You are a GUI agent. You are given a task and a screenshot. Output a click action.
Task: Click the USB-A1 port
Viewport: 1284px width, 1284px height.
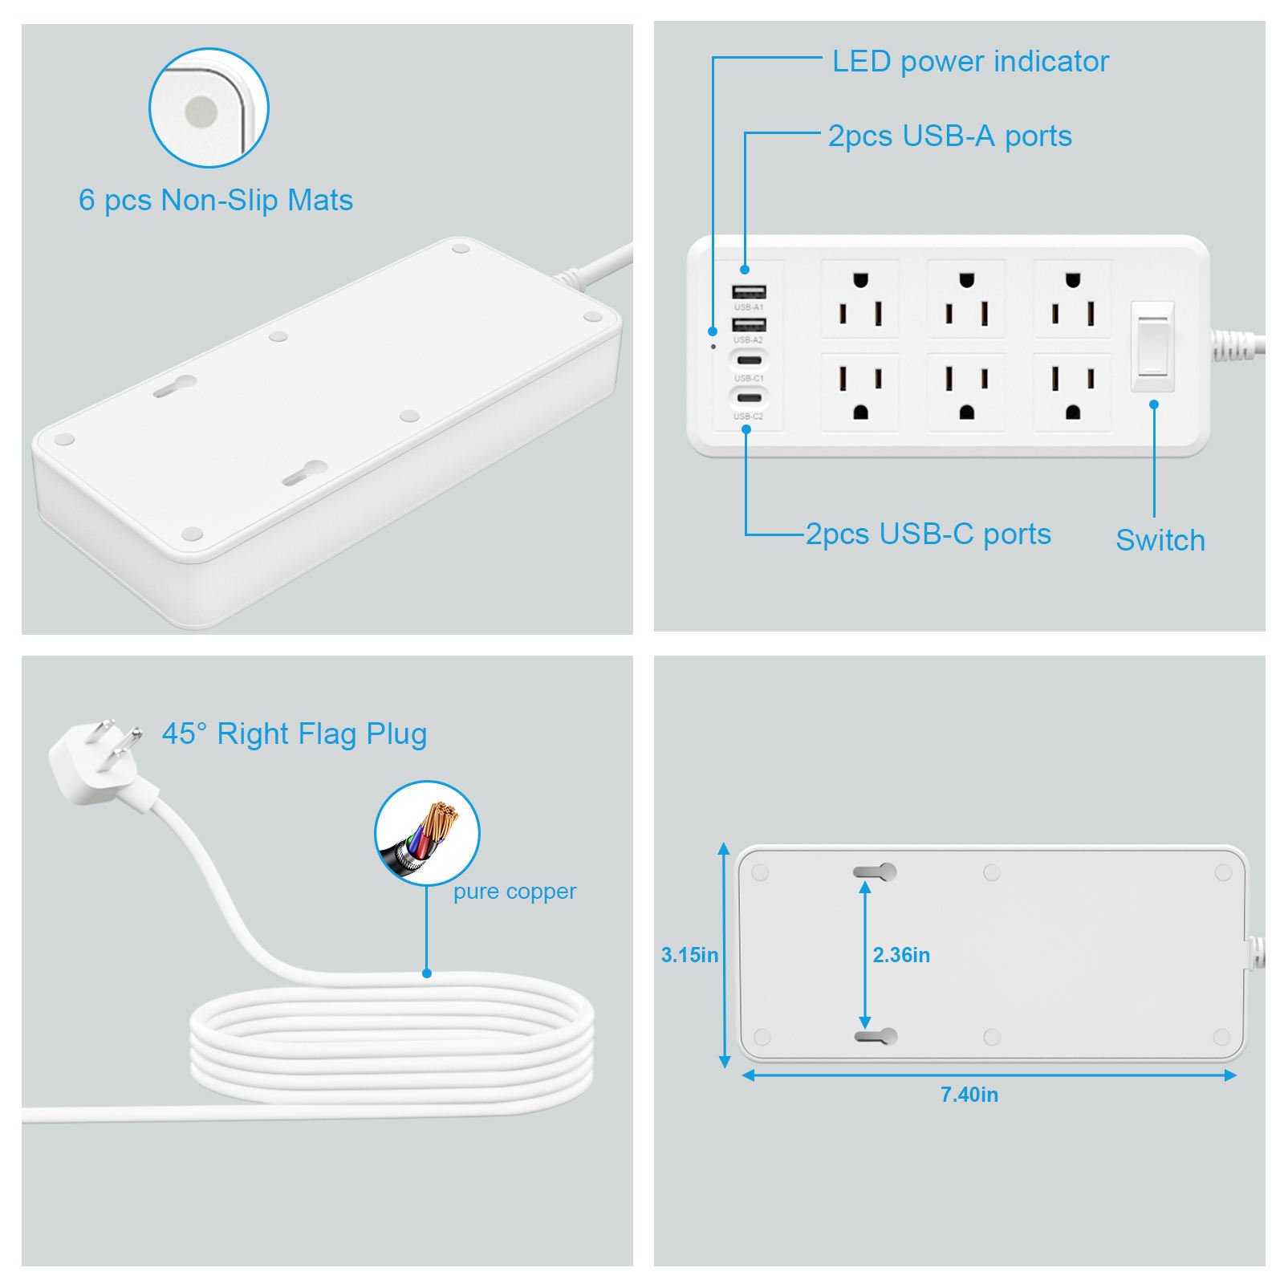tap(748, 292)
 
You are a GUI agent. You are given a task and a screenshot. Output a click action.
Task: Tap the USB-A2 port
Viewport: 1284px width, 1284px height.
tap(748, 325)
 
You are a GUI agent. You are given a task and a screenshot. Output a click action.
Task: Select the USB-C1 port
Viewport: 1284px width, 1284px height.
tap(749, 360)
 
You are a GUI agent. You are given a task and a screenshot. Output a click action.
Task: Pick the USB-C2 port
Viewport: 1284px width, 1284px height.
tap(749, 397)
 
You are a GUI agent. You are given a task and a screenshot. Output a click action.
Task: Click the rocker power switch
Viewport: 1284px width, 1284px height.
tap(1152, 347)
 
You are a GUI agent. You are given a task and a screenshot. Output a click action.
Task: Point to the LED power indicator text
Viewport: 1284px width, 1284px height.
tap(970, 62)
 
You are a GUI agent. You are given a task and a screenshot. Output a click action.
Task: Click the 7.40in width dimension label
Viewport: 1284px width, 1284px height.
tap(969, 1095)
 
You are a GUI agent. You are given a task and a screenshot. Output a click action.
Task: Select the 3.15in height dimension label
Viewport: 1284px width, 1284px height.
tap(689, 955)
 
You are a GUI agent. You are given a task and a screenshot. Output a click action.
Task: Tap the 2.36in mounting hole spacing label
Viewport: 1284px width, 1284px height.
tap(901, 955)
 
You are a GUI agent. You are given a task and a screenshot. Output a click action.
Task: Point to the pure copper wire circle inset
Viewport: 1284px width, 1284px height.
tap(427, 834)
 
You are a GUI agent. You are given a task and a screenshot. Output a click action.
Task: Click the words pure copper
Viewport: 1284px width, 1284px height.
tap(514, 892)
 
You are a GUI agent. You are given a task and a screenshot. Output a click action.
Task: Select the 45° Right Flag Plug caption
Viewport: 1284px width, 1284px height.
tap(295, 734)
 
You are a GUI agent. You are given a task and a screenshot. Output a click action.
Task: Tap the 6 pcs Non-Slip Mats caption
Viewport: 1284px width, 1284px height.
tap(216, 201)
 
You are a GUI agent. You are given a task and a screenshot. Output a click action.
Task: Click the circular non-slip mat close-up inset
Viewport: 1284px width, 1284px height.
tap(209, 108)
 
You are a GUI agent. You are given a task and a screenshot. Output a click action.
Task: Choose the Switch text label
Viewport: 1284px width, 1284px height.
tap(1160, 540)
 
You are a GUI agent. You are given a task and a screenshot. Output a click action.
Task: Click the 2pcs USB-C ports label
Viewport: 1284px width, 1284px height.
tap(928, 534)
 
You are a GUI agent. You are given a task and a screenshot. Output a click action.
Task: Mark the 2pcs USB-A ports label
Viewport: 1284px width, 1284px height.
tap(950, 136)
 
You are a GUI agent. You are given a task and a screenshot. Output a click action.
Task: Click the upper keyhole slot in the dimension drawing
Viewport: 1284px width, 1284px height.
tap(875, 872)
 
